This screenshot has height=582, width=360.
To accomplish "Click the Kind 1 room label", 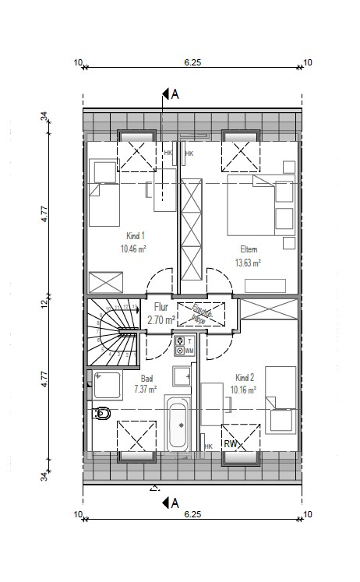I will coord(136,235).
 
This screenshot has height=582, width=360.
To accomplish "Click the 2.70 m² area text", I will coord(158,319).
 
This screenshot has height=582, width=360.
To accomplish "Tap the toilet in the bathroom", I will coord(101,413).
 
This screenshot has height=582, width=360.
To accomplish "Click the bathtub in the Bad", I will coord(176,425).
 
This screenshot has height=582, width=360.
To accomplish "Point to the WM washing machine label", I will coord(189,351).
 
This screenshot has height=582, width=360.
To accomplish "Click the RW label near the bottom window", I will coord(231,445).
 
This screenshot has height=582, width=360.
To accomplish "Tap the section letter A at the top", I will coord(175,95).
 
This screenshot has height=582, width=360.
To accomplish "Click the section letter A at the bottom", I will coord(175,503).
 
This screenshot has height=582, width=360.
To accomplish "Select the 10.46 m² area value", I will coord(134,249).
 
